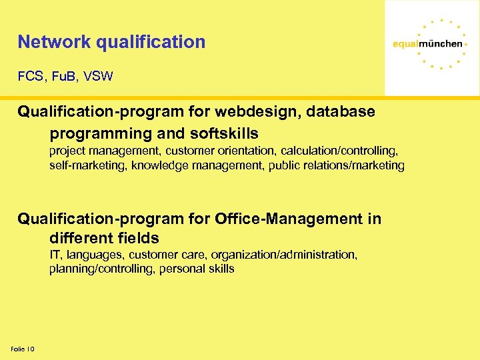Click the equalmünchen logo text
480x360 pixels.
427,43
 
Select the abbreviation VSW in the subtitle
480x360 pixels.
98,77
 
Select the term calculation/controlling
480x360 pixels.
329,151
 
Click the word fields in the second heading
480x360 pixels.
137,238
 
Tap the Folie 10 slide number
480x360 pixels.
23,349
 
